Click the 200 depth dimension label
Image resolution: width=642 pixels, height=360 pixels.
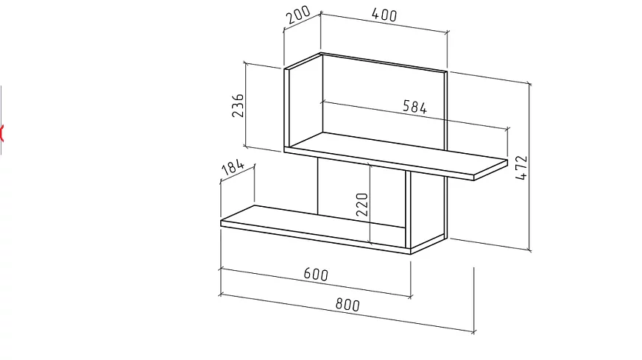[x=298, y=15]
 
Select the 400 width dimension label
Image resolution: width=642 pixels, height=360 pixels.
[x=384, y=15]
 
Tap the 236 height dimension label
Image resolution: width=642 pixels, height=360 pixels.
[x=238, y=106]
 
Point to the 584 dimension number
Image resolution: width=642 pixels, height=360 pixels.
[x=415, y=107]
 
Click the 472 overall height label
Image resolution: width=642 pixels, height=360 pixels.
[x=522, y=167]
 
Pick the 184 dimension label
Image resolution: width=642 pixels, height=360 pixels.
[x=233, y=167]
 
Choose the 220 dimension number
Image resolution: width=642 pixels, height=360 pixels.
[x=362, y=204]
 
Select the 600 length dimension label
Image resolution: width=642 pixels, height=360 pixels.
[x=316, y=274]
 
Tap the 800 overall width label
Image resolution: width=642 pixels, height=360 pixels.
[x=348, y=305]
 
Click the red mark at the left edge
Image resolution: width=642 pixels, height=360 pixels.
[x=1, y=133]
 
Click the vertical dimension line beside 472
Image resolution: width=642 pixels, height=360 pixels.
[x=529, y=166]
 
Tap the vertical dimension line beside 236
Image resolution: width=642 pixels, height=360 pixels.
[x=245, y=104]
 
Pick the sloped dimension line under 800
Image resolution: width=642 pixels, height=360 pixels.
[x=348, y=313]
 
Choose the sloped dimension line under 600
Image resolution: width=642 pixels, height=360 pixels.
[x=316, y=282]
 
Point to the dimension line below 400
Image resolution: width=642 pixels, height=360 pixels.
[x=384, y=23]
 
